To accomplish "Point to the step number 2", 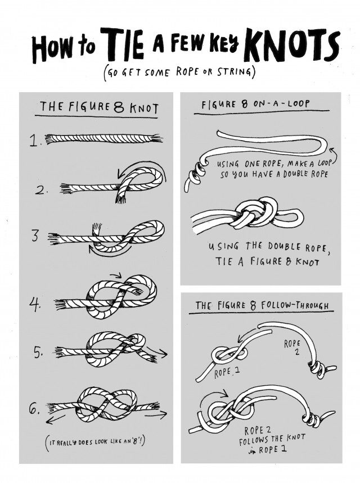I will (40, 191).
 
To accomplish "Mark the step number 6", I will (35, 409).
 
